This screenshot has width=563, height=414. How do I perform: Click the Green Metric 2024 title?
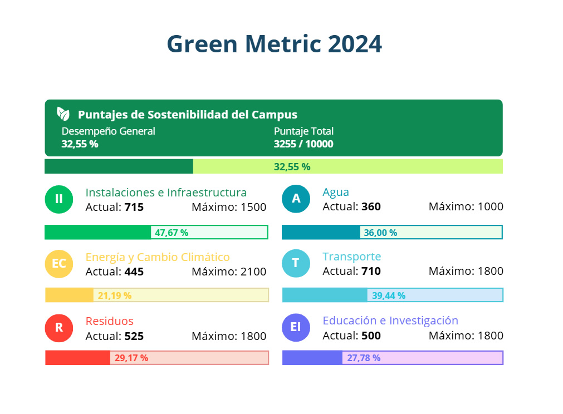pos(275,44)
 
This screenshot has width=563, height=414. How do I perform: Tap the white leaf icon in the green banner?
pos(63,114)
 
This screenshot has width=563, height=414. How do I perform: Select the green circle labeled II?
pos(59,199)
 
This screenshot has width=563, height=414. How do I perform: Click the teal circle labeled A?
pos(296,199)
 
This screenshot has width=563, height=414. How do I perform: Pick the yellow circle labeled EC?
pos(59,263)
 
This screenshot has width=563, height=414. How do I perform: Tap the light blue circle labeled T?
pos(296,263)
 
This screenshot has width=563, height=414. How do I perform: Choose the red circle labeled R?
pos(59,328)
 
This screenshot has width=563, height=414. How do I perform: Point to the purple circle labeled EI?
pos(296,327)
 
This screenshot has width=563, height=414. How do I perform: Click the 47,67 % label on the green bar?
pos(172,233)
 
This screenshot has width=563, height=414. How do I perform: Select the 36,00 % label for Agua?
pos(380,233)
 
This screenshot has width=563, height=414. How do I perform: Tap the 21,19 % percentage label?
pos(115,295)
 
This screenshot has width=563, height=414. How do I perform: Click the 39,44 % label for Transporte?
pos(389,295)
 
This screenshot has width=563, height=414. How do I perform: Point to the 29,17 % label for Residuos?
pos(131,358)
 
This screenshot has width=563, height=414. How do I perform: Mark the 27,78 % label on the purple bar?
pos(364,358)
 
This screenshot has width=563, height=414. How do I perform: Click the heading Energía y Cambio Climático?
pos(158,257)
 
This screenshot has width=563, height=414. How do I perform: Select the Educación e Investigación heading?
pos(390,321)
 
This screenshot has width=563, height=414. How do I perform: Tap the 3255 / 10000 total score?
pos(303,144)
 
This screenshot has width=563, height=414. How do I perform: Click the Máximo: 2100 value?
pos(229,272)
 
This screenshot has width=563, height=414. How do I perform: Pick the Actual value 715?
pos(134,208)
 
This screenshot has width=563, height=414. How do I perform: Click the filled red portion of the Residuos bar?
pos(77,358)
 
